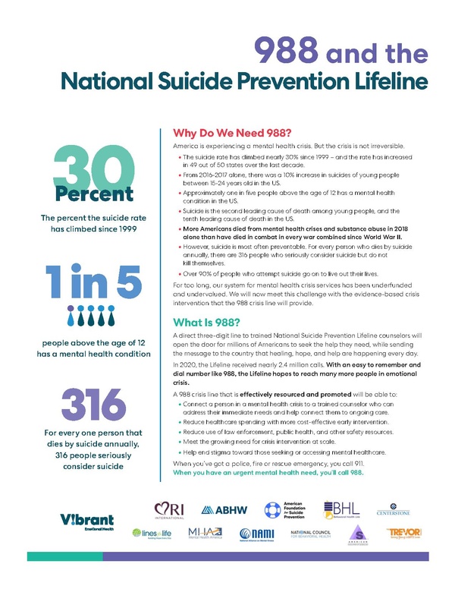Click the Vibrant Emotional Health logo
point(87,522)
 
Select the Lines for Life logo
point(153,534)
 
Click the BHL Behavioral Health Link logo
point(344,509)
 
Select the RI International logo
point(174,509)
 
